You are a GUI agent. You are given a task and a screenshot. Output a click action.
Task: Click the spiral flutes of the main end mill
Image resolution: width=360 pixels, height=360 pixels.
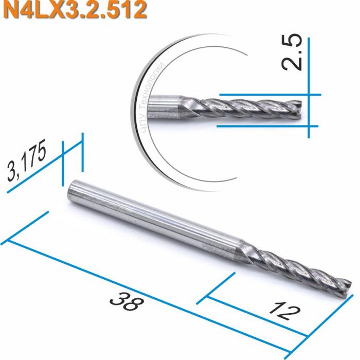click(298, 267)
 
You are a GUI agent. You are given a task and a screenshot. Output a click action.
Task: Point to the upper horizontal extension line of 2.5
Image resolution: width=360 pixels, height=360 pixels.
click(267, 95)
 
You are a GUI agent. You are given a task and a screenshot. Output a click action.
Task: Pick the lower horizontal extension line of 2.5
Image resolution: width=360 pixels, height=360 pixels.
click(267, 125)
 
